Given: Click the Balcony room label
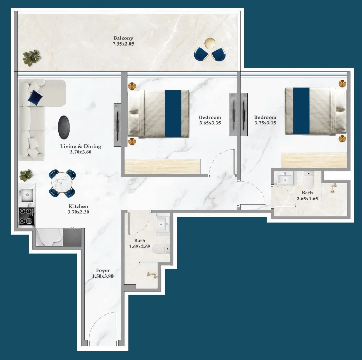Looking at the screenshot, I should pyautogui.click(x=123, y=38).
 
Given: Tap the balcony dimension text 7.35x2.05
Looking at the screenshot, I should pyautogui.click(x=123, y=44).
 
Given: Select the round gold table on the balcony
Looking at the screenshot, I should pyautogui.click(x=210, y=43).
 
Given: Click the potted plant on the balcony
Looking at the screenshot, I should pyautogui.click(x=32, y=57).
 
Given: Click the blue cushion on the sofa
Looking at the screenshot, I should pyautogui.click(x=36, y=97).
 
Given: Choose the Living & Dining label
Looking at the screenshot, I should pyautogui.click(x=81, y=146).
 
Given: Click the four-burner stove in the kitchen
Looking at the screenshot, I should pyautogui.click(x=27, y=216).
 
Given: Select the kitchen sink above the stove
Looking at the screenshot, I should pyautogui.click(x=27, y=195).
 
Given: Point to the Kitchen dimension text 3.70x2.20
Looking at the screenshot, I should pyautogui.click(x=78, y=212).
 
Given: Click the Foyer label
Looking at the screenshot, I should pyautogui.click(x=103, y=270).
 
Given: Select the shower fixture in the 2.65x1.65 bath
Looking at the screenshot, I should pyautogui.click(x=333, y=188).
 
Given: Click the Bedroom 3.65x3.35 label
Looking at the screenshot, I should pyautogui.click(x=210, y=117).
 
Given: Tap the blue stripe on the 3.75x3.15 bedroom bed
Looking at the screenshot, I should pyautogui.click(x=301, y=111).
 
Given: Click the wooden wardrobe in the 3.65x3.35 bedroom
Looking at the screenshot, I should pyautogui.click(x=162, y=166).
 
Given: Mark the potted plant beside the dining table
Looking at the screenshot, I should pyautogui.click(x=26, y=175).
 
